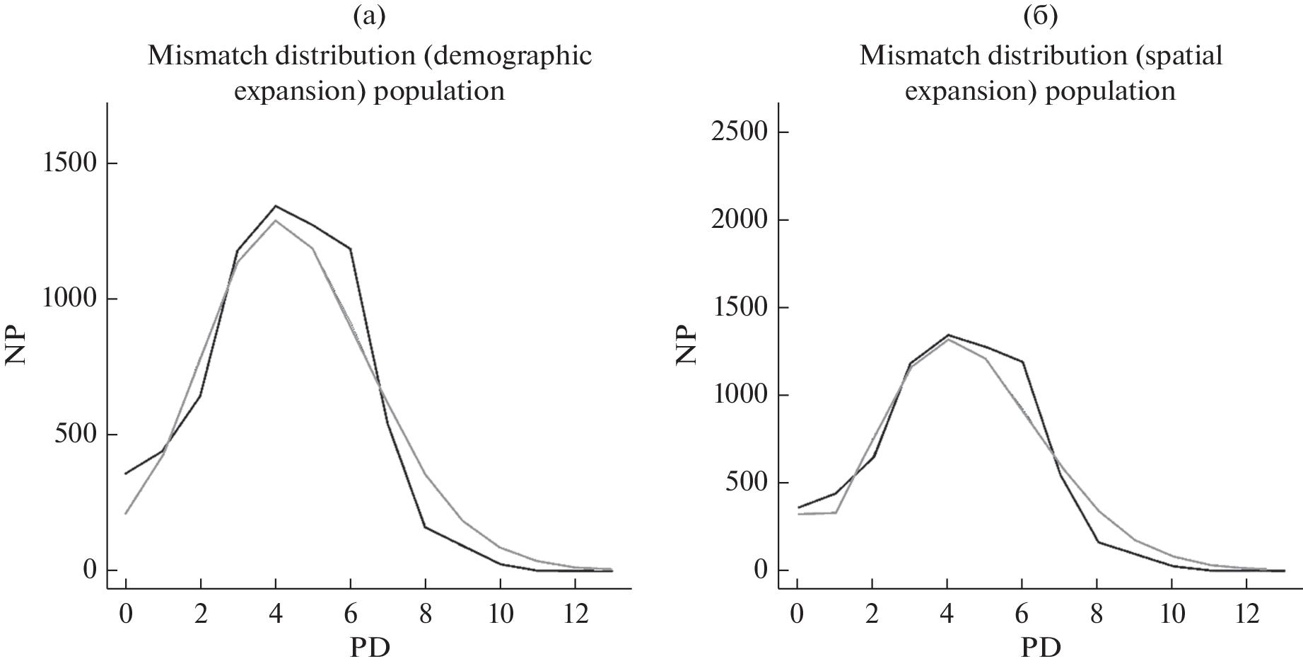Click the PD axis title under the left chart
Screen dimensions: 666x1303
(370, 647)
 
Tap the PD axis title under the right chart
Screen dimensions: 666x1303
(1041, 647)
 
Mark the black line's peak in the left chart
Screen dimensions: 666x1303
(276, 207)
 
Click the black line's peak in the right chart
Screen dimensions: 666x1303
(947, 335)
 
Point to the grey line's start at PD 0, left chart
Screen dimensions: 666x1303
(126, 513)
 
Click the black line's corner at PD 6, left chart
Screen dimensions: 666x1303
(350, 248)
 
